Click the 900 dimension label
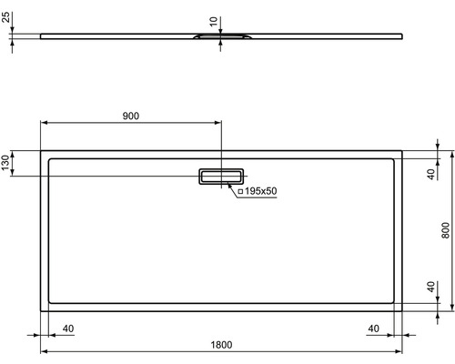(131, 116)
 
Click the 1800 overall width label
(221, 345)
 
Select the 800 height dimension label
(445, 230)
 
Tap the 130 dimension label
(5, 163)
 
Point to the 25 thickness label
(6, 17)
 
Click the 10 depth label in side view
(214, 22)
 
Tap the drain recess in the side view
(221, 36)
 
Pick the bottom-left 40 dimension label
(68, 329)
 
